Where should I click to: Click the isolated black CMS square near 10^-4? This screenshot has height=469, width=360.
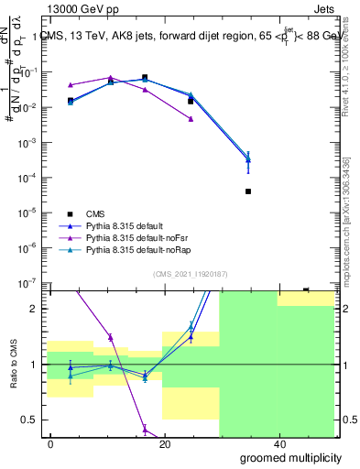click(x=248, y=191)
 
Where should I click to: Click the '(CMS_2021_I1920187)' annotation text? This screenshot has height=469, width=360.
click(x=190, y=273)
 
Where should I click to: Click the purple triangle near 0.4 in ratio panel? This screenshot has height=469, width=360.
click(x=145, y=429)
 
